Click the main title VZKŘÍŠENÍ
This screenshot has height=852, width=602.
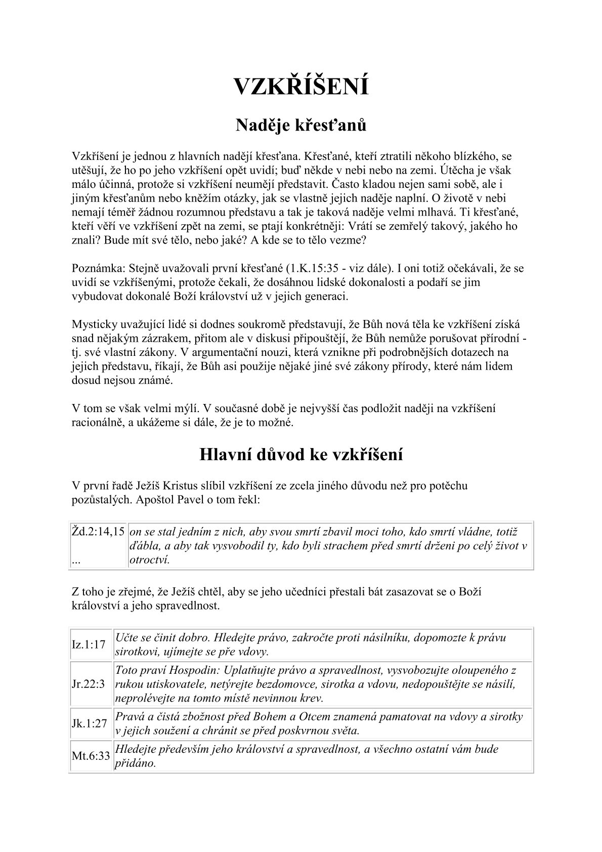point(300,86)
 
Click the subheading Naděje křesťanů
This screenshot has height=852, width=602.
point(300,126)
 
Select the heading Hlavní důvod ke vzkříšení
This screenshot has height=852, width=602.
point(300,454)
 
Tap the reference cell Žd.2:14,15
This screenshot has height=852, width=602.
point(98,532)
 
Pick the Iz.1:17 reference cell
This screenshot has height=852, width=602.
point(89,644)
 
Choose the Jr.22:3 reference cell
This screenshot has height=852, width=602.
point(89,684)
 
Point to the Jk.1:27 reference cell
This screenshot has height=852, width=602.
point(90,723)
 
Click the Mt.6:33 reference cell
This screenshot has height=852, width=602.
point(91,756)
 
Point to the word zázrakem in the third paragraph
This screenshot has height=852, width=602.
point(165,338)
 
